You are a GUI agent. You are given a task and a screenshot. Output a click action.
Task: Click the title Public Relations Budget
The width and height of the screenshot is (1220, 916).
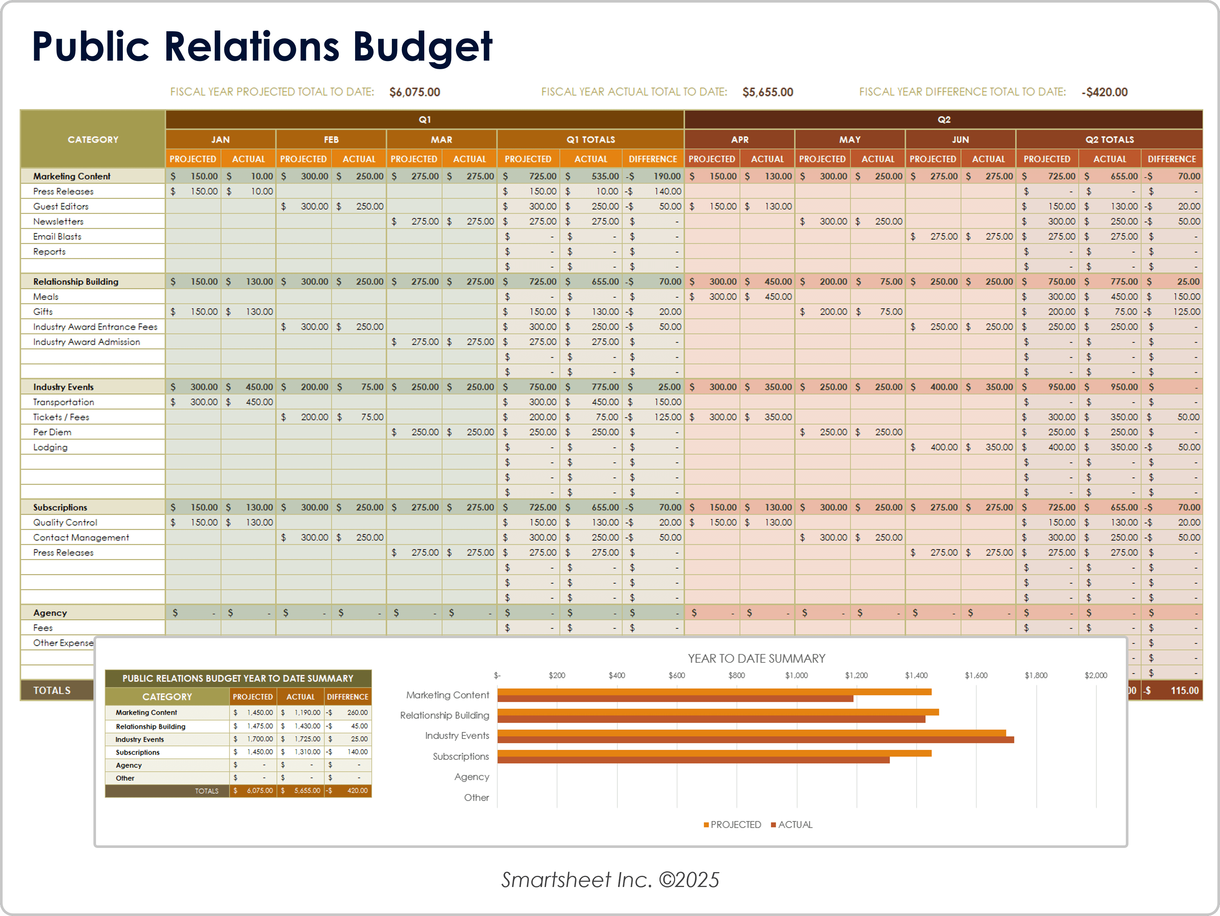(262, 47)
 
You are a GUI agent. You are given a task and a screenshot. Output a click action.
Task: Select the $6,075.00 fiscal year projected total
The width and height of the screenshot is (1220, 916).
(414, 92)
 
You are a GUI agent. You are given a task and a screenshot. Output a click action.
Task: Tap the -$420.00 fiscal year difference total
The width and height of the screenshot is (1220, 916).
(1104, 92)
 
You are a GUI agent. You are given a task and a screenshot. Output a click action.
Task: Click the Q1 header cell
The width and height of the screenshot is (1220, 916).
(424, 120)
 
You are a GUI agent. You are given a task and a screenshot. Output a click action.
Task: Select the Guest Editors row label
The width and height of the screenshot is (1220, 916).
(61, 206)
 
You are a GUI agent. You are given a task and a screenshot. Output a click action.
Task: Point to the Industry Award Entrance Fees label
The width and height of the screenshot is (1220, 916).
(95, 327)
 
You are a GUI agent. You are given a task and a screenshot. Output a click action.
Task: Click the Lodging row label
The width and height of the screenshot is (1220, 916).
(50, 447)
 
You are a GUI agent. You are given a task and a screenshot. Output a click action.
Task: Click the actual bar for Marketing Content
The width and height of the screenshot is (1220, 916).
(675, 699)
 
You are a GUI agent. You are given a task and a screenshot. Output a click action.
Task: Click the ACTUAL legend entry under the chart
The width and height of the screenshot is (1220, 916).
(792, 825)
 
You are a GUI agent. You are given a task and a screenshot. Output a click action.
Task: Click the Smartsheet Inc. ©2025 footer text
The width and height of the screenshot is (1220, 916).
(610, 880)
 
